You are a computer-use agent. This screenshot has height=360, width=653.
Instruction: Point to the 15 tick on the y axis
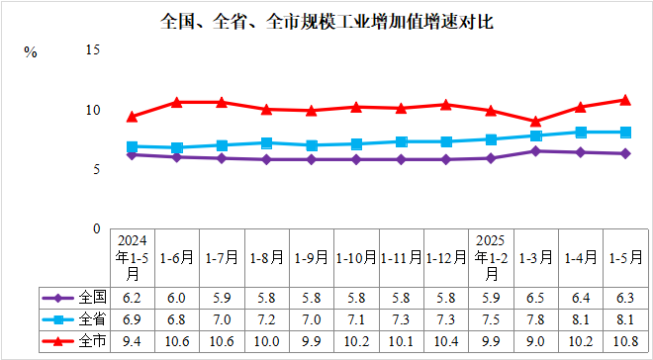[94, 49]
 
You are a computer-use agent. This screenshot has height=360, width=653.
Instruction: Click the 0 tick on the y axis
[97, 228]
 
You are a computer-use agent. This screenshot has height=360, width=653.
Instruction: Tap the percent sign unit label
[31, 52]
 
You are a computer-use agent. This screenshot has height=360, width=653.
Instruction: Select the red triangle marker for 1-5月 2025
[624, 99]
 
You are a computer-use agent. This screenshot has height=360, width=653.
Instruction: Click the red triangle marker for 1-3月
[535, 121]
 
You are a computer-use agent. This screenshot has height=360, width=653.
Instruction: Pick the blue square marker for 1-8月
[266, 142]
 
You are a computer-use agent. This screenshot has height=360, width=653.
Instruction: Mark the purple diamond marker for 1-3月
[535, 150]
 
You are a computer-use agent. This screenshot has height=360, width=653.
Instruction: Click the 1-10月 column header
[355, 257]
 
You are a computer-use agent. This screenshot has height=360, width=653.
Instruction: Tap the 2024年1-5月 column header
[133, 257]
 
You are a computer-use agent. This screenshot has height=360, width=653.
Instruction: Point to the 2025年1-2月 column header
[491, 257]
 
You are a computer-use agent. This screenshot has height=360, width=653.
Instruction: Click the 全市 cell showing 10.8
[624, 341]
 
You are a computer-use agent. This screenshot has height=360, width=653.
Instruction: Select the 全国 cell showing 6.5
[535, 297]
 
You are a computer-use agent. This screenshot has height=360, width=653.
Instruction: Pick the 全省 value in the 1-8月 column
[266, 318]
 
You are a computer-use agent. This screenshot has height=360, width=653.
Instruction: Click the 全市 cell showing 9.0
[535, 341]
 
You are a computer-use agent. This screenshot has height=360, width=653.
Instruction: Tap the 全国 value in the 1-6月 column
[177, 297]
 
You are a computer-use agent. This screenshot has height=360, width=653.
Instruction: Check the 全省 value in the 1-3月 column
[535, 318]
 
